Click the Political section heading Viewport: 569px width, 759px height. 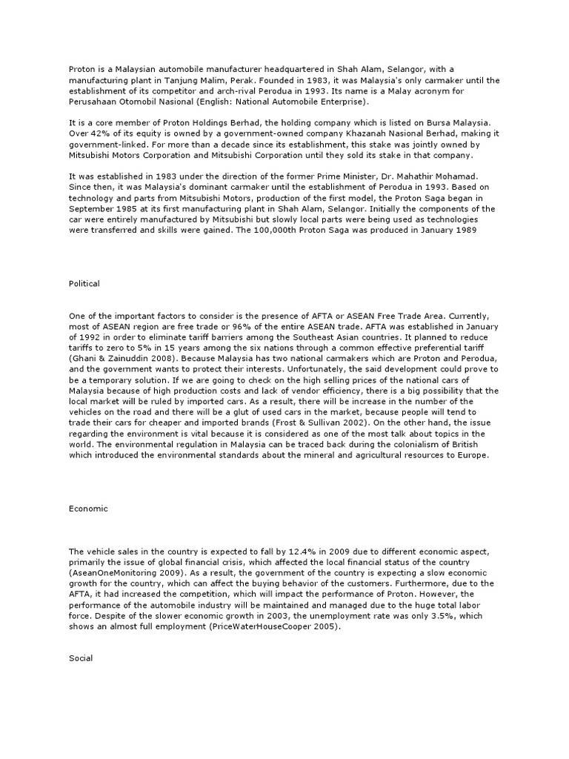[84, 284]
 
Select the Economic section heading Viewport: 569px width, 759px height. [88, 508]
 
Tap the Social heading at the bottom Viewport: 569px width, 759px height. [80, 657]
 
